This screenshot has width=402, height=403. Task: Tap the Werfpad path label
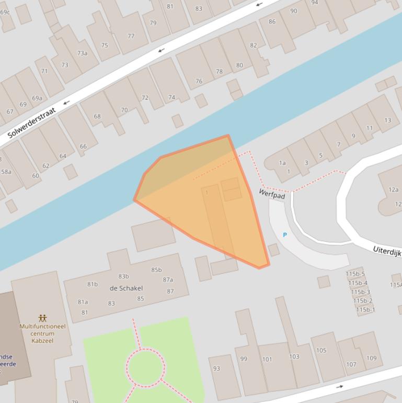(272, 194)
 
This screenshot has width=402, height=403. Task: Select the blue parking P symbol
(285, 235)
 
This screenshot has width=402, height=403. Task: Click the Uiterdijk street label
(387, 250)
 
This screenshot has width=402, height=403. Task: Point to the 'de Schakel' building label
(126, 288)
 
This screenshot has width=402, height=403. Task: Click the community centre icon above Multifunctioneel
(42, 318)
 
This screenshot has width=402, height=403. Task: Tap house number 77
(131, 36)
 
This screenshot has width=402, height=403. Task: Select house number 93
(216, 368)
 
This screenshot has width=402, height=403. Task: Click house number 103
(294, 357)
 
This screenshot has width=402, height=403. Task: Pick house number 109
(371, 359)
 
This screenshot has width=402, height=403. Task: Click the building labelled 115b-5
(355, 274)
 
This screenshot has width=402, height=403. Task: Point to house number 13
(387, 120)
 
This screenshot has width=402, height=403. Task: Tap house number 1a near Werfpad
(282, 163)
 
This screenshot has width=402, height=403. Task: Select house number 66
(83, 147)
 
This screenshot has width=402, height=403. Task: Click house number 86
(272, 21)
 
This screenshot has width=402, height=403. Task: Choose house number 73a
(82, 53)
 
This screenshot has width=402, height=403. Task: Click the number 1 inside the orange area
(207, 193)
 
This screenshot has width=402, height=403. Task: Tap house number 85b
(156, 270)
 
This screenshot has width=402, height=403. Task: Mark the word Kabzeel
(42, 341)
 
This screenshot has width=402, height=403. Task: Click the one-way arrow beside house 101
(340, 387)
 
